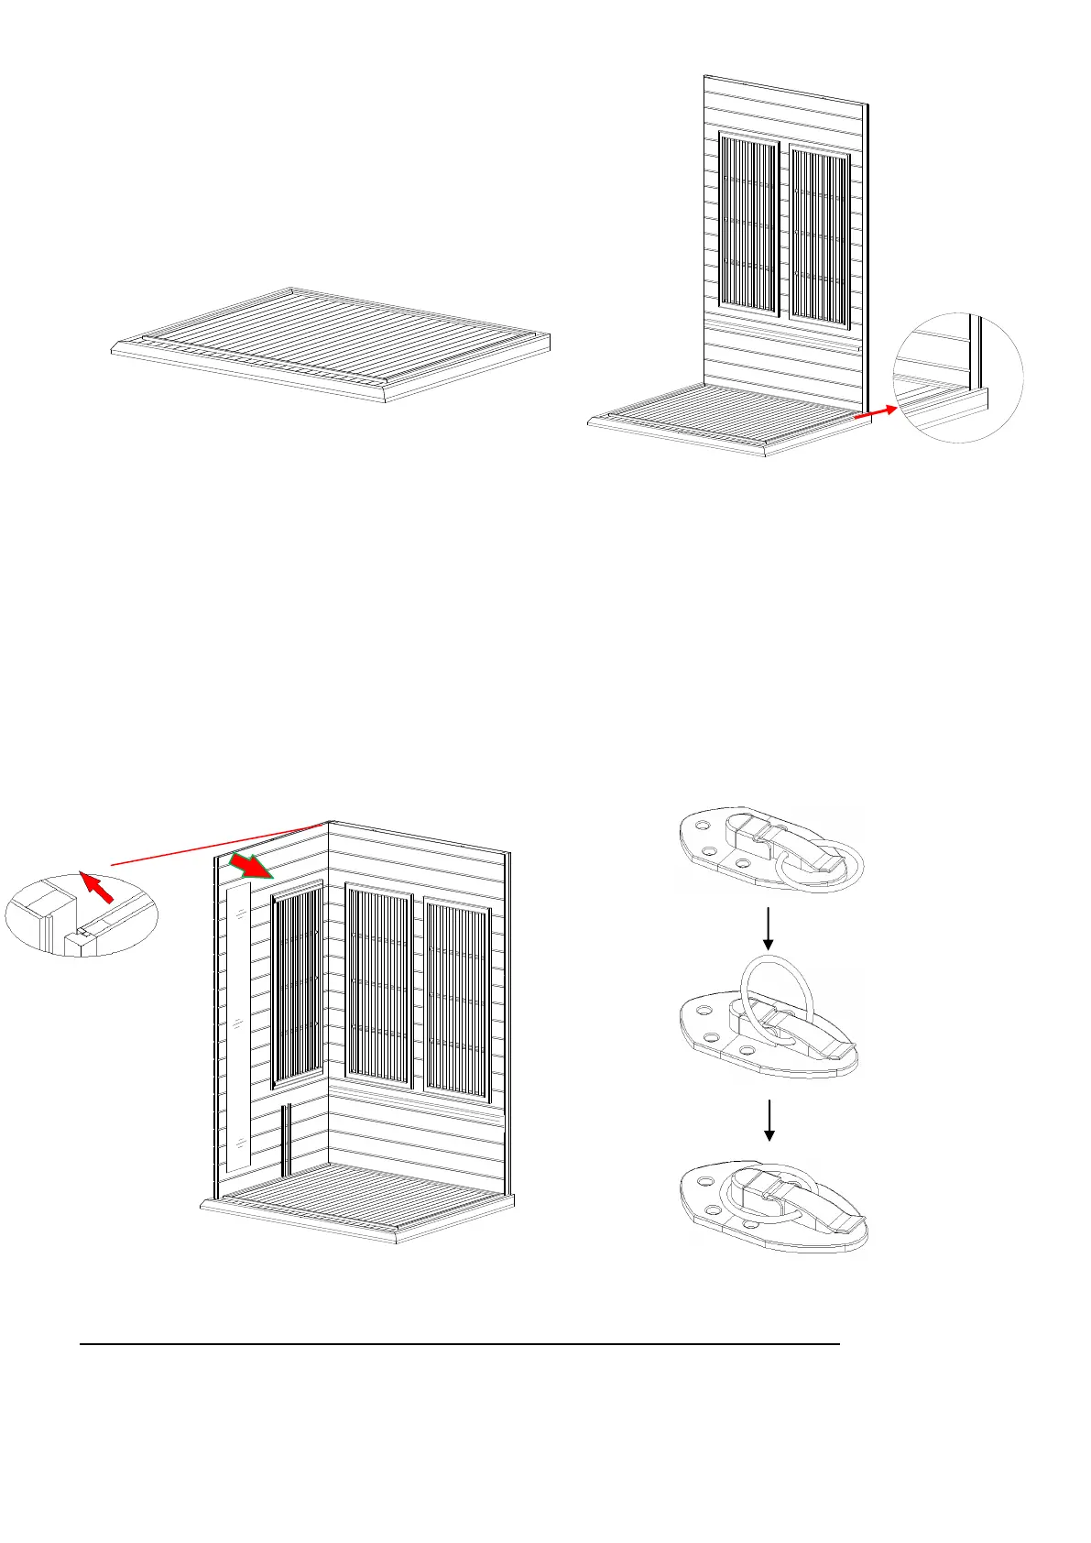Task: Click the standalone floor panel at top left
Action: (x=330, y=344)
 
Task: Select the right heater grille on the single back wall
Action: (x=820, y=235)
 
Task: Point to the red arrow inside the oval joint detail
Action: (x=99, y=888)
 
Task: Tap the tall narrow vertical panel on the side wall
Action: (x=237, y=1026)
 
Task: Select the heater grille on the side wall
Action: (x=298, y=985)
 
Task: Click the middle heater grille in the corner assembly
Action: (x=378, y=990)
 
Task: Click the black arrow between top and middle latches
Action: (x=769, y=928)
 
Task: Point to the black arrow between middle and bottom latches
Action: (x=769, y=1120)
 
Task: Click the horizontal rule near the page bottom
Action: (x=458, y=1344)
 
